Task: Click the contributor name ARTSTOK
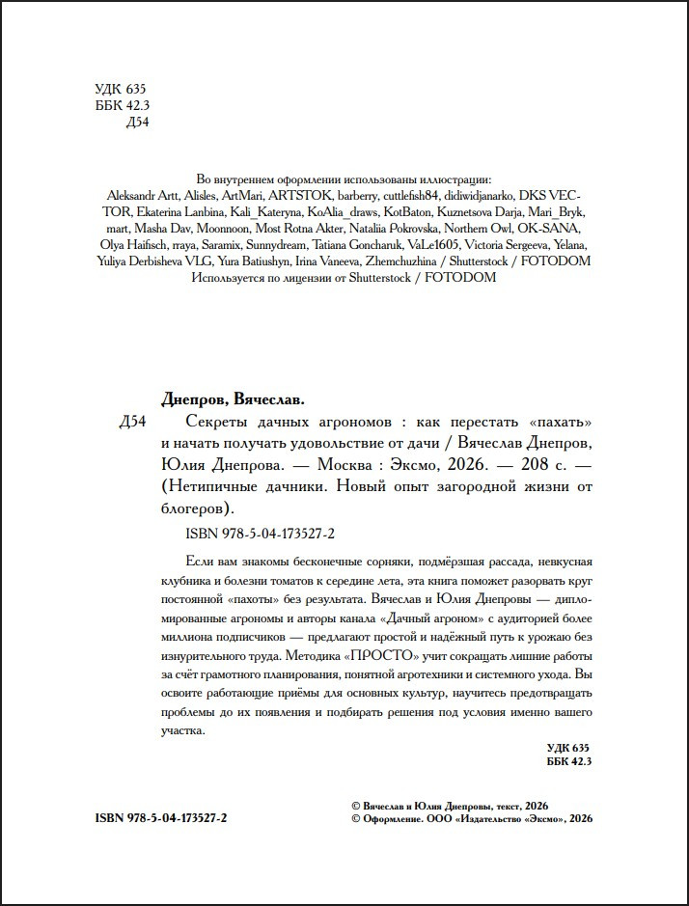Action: tap(290, 194)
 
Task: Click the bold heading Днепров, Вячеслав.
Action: tap(230, 399)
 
